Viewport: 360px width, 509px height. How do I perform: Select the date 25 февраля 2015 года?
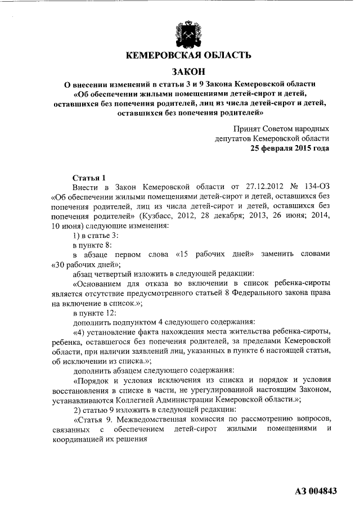point(289,148)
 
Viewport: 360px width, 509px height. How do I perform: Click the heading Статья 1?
point(88,177)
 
